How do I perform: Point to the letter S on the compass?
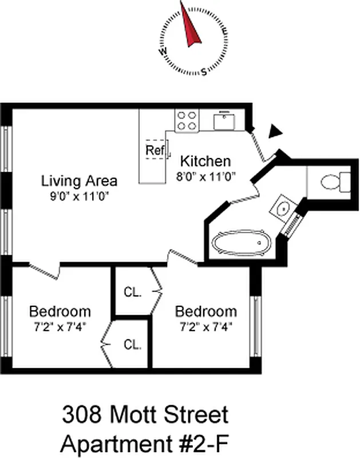click(204, 72)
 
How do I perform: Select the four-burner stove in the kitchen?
click(186, 120)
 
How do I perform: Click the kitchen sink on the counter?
click(223, 121)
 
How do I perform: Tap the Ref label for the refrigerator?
click(154, 150)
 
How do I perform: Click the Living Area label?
click(79, 181)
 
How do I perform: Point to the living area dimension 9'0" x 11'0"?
click(79, 196)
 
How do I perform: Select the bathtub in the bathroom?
click(241, 243)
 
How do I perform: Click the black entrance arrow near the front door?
click(276, 131)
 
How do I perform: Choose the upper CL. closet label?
click(132, 291)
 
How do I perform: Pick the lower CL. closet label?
click(132, 345)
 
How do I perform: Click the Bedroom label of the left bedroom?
click(60, 312)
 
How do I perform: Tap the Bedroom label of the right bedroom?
click(205, 312)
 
